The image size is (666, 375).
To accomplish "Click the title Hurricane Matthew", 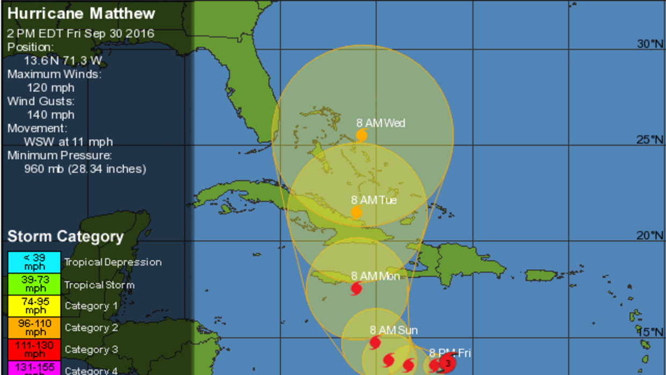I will tap(82, 13).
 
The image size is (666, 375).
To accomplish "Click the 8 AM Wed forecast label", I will tap(380, 123).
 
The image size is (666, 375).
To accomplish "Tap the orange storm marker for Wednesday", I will tap(362, 135).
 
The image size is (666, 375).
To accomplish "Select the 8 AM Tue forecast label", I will tap(374, 200).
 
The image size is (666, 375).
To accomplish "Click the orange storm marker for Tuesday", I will tap(357, 212).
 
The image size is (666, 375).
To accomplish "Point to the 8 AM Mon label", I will tap(375, 276).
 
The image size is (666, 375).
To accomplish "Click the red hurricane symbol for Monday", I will tap(356, 289).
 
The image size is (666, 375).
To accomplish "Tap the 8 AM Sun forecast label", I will tap(393, 330).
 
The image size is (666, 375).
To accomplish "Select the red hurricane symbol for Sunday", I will tap(375, 342).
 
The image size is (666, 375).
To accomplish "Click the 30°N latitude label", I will tap(650, 44).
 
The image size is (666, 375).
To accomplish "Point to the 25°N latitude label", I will tap(650, 140).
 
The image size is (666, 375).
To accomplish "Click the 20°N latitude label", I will tap(650, 235).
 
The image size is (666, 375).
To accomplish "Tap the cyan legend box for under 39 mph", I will tap(34, 262).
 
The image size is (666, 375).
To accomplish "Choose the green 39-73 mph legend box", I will tap(34, 284).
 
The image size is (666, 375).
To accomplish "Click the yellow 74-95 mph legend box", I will tap(34, 306).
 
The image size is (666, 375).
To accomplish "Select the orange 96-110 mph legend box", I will tap(34, 328).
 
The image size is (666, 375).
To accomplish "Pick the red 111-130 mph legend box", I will tap(34, 349).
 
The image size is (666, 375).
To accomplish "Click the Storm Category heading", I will tap(66, 236).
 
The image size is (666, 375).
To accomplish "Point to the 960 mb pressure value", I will tap(85, 169).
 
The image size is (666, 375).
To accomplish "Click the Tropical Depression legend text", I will tap(113, 262).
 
